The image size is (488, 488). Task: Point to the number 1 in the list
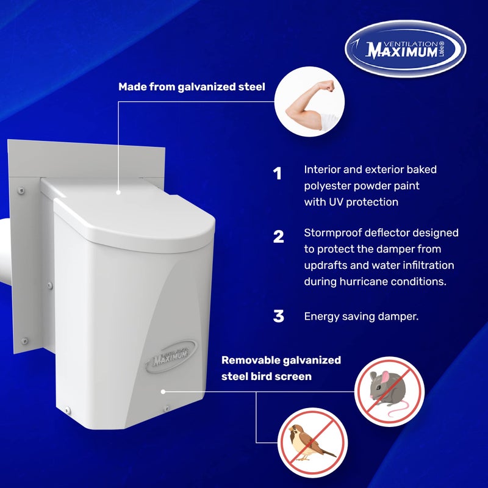[278, 174]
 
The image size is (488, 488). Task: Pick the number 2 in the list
[278, 237]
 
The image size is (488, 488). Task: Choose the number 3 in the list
[278, 316]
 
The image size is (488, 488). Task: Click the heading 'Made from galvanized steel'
[192, 87]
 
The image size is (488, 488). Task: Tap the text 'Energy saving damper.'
[361, 317]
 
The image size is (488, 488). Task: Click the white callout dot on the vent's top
[120, 193]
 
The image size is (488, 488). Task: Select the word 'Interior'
[324, 170]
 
